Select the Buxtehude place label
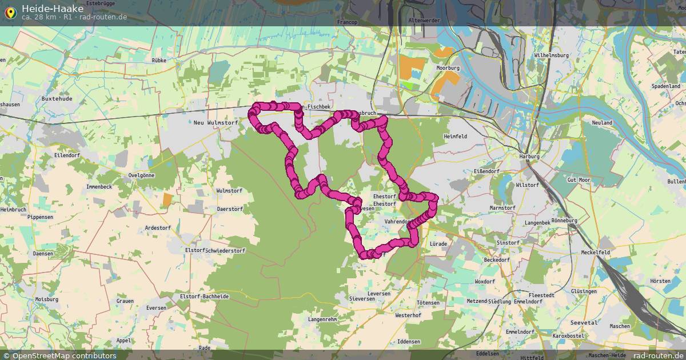[x=57, y=98]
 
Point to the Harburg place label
[x=529, y=156]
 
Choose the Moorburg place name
[x=448, y=67]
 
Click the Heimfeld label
[x=456, y=137]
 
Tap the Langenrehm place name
[x=322, y=319]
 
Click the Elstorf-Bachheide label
[x=204, y=297]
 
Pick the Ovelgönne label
[x=141, y=175]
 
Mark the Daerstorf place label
[x=230, y=209]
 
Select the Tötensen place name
[x=428, y=302]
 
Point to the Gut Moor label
[x=578, y=179]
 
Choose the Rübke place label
[x=159, y=59]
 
